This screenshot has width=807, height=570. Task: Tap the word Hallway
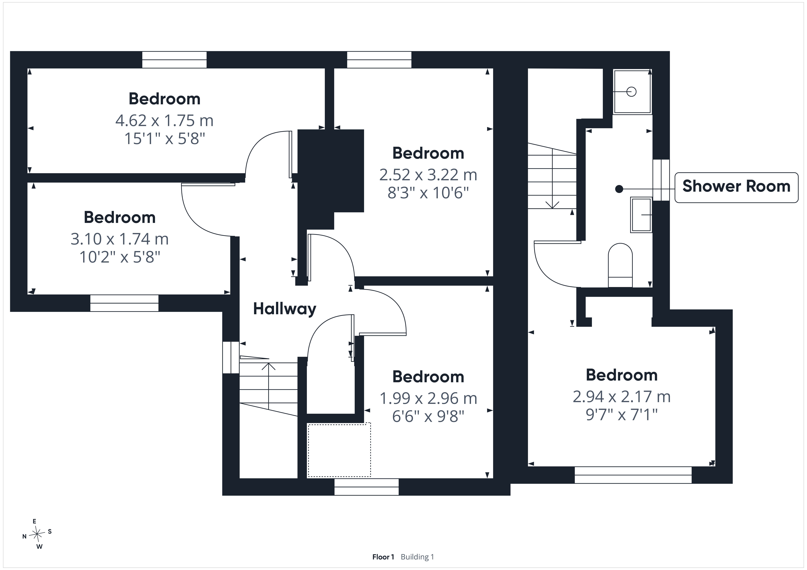[x=285, y=309]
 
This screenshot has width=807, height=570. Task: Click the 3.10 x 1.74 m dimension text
[x=120, y=239]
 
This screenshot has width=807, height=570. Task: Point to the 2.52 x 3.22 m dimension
[x=428, y=175]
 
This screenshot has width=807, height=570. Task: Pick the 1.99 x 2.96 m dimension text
[x=428, y=398]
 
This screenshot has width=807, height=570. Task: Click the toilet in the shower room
[x=620, y=265]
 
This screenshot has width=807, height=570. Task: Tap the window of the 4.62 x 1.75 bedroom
[x=174, y=60]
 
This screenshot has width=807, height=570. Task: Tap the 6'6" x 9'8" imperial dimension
[x=428, y=417]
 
